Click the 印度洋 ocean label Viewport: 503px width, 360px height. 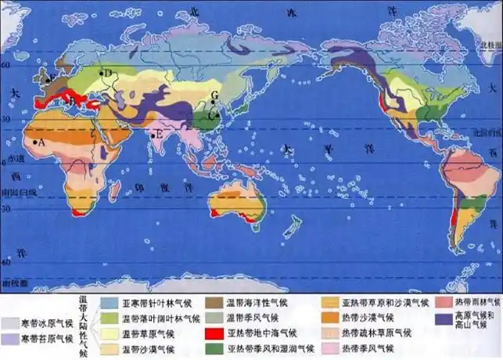[x=156, y=188]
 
